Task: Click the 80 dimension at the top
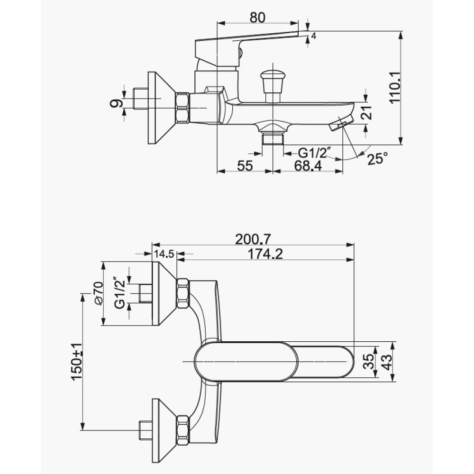(257, 18)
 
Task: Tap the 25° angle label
(377, 158)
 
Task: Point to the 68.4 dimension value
(308, 165)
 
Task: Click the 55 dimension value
(245, 165)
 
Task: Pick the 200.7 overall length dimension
(253, 239)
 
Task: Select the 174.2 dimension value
(265, 254)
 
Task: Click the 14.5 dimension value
(164, 254)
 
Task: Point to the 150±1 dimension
(77, 362)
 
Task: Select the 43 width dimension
(387, 362)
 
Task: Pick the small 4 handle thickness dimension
(313, 36)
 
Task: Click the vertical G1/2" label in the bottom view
(120, 292)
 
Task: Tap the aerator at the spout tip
(340, 124)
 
